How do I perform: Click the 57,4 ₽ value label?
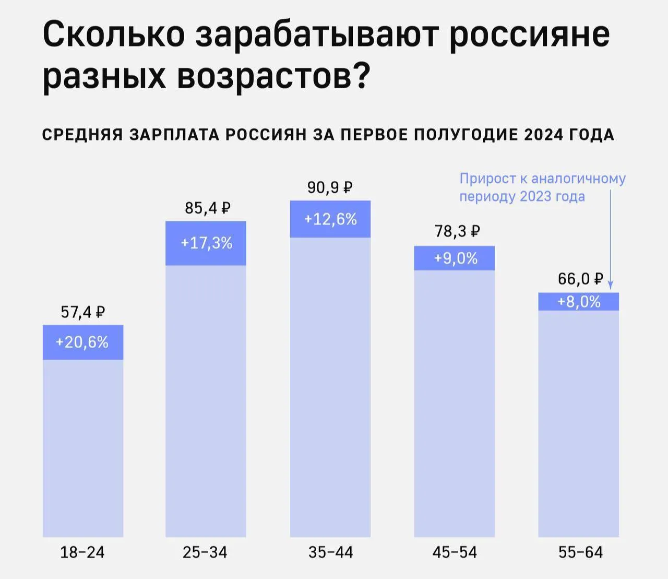[83, 312]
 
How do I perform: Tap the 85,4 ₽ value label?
[207, 208]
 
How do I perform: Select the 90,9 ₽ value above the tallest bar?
[330, 187]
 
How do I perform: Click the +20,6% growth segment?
[82, 342]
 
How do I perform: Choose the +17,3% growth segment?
[206, 243]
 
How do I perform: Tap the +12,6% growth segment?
[330, 219]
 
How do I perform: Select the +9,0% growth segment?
[455, 258]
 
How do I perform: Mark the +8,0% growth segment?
[578, 302]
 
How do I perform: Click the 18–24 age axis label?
[82, 552]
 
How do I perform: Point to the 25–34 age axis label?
[205, 552]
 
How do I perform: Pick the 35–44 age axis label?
[330, 552]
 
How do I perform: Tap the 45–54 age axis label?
[455, 552]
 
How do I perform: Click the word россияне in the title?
[529, 34]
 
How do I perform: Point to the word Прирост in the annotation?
[487, 179]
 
